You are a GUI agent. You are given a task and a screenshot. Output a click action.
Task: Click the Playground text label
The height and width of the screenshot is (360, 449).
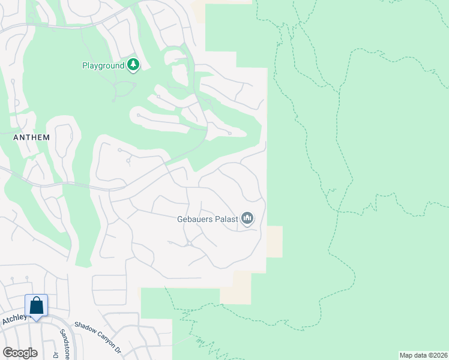[x=103, y=65]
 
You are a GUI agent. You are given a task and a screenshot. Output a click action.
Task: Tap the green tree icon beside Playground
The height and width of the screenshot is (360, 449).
[x=133, y=65]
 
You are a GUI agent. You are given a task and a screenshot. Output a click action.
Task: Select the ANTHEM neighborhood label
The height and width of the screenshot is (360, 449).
[x=31, y=137]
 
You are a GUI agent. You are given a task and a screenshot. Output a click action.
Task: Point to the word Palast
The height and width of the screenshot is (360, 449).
[x=225, y=219]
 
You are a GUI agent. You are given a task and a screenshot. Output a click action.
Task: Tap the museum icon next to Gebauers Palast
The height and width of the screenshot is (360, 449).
[x=247, y=219]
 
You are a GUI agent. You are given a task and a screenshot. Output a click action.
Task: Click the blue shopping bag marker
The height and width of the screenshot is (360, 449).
[x=36, y=305]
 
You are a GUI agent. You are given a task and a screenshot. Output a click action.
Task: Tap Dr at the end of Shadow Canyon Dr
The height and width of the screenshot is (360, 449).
[x=118, y=350]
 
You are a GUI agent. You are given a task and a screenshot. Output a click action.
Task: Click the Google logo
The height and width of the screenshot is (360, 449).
[x=20, y=353]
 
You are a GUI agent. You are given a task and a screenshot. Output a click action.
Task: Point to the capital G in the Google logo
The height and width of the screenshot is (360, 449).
[x=7, y=353]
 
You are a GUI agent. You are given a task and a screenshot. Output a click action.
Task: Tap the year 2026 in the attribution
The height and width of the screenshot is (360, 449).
[x=439, y=355]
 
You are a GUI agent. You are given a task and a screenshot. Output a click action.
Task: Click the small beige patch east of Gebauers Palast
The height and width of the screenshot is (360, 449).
[x=274, y=241]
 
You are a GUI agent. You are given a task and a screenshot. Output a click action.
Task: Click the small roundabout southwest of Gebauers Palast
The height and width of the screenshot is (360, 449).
[x=188, y=243]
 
